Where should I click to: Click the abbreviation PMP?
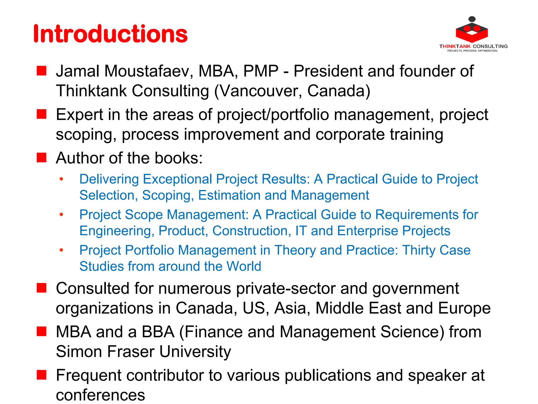pos(261,71)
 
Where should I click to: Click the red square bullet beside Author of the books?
pos(42,158)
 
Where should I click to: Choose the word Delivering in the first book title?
pos(109,179)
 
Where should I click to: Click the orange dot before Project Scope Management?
pos(61,215)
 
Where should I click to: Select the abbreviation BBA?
pos(158,332)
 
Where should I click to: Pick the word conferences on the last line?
pos(100,395)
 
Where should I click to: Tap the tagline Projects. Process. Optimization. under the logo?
pos(472,51)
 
